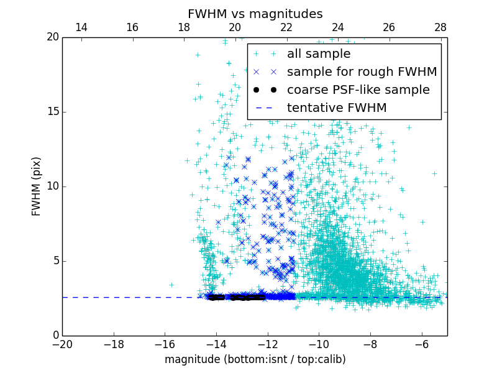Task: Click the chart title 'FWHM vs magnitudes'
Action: [255, 14]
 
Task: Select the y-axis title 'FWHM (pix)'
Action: [36, 186]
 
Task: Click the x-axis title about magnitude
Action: [255, 359]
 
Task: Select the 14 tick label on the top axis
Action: [81, 27]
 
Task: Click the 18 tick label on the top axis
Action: [184, 27]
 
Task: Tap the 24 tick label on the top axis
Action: [338, 27]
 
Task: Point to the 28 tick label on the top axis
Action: [440, 27]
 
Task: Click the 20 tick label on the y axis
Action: [52, 37]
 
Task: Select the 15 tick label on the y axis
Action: [52, 112]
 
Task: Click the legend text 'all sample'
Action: [319, 54]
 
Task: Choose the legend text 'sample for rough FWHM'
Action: [362, 72]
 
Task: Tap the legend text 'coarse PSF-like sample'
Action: [358, 90]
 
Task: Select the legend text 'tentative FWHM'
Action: [337, 108]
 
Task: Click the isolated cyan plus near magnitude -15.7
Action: [171, 285]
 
